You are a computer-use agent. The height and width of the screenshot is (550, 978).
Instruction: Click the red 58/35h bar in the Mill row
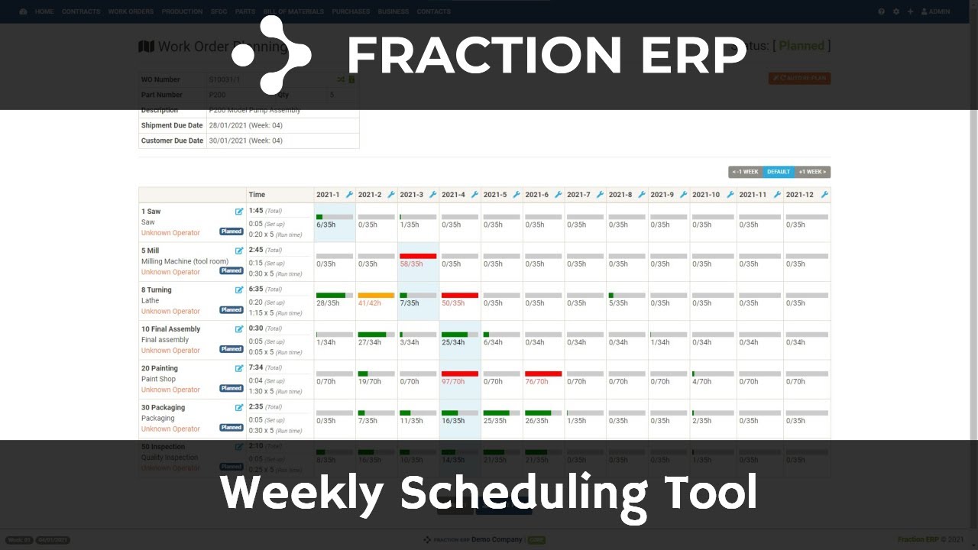coord(418,257)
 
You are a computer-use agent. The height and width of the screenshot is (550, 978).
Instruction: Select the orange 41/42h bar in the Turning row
coord(376,296)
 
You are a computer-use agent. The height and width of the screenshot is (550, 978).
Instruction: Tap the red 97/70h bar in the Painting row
coord(460,374)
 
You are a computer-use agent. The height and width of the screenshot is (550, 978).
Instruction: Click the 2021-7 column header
coord(578,195)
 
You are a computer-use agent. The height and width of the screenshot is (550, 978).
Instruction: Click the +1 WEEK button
coord(812,172)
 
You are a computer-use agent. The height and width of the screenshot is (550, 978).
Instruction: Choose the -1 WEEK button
coord(746,172)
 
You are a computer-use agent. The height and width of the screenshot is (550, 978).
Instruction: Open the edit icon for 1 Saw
coord(239,212)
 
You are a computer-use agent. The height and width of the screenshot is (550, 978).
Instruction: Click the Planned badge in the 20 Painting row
coord(232,389)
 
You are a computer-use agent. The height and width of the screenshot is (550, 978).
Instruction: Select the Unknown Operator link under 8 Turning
coord(170,312)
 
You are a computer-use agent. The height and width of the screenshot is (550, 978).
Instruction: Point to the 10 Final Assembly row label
coord(170,329)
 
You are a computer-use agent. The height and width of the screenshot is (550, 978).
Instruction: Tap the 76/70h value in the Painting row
coord(537,382)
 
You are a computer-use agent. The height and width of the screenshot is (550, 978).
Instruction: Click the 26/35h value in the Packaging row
coord(537,421)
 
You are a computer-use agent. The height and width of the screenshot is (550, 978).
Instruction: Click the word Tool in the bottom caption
coord(710,493)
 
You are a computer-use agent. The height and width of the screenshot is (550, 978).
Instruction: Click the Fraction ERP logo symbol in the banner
coord(271,55)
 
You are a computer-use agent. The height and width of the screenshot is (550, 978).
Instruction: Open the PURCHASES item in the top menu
coord(351,11)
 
